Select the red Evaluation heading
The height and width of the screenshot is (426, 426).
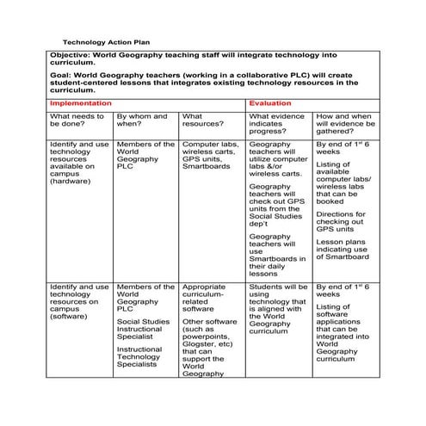pyautogui.click(x=269, y=102)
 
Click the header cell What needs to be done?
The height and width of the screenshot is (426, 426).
pyautogui.click(x=76, y=120)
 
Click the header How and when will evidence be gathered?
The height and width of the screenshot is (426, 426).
pyautogui.click(x=344, y=124)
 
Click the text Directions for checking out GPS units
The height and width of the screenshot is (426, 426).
pyautogui.click(x=342, y=222)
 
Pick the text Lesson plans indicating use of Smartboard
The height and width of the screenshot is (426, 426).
pyautogui.click(x=343, y=250)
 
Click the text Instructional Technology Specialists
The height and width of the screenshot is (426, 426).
pyautogui.click(x=139, y=357)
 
